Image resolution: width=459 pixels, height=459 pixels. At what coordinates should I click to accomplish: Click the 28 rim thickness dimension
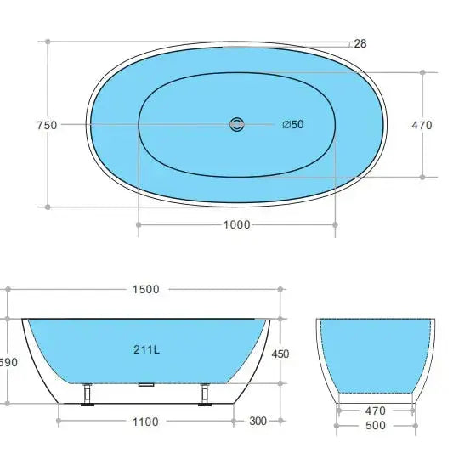(360, 43)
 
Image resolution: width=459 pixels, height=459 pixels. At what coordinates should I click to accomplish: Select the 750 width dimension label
(47, 125)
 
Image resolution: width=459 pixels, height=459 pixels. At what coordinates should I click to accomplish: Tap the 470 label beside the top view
(422, 125)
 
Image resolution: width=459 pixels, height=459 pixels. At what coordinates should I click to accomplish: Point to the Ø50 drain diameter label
(293, 125)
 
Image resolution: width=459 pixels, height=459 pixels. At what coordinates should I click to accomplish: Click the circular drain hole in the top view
(235, 125)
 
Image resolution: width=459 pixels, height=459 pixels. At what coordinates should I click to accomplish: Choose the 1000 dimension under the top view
(236, 224)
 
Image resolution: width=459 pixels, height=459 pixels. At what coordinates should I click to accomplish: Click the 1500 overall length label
(145, 289)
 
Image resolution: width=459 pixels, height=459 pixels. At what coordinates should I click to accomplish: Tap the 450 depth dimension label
(280, 354)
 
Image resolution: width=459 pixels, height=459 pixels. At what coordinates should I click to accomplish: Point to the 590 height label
(7, 362)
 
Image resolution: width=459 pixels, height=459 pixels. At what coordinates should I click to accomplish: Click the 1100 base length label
(145, 420)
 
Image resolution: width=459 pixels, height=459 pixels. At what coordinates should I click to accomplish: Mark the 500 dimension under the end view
(376, 425)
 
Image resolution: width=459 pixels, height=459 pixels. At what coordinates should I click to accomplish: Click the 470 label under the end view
(376, 409)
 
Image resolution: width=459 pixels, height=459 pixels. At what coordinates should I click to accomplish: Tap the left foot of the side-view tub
(88, 396)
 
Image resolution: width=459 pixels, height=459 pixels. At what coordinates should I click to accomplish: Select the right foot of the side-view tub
(204, 396)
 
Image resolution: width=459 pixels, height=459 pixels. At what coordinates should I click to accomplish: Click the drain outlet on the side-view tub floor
(145, 384)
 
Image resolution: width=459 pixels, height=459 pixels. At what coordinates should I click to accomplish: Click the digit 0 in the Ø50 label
(300, 125)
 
